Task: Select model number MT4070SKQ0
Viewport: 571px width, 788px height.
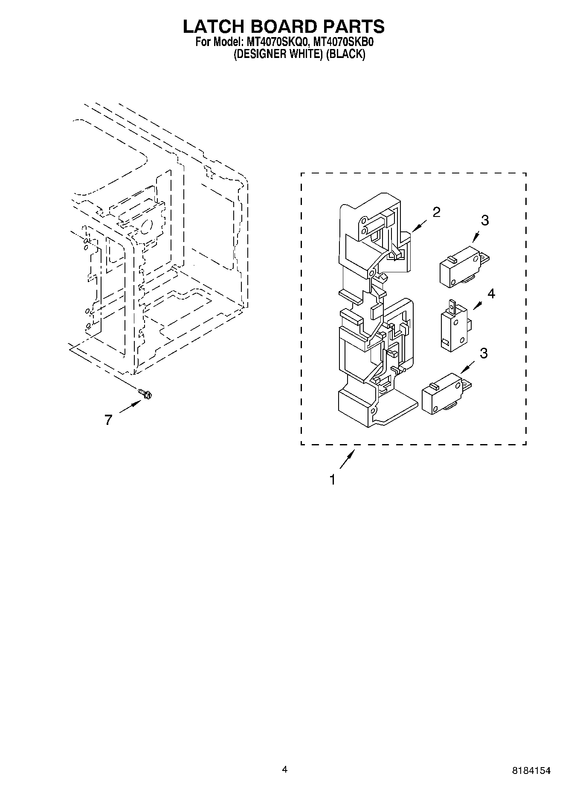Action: pos(276,42)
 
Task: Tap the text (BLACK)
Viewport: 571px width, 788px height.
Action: pos(346,54)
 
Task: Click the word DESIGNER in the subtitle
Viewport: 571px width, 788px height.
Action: pos(257,54)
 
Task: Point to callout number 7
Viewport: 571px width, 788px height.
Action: pos(108,420)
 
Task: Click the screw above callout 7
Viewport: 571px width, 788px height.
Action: pos(145,394)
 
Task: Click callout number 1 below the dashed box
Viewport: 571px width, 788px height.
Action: pos(332,480)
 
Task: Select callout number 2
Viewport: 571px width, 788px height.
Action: pos(436,212)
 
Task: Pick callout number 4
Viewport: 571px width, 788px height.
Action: pos(491,294)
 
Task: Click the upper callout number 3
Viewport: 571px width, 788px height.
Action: pos(485,220)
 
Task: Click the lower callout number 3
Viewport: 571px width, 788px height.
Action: pos(484,353)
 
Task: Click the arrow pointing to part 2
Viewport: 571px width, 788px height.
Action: pos(420,227)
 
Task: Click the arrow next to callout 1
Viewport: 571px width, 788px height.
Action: pos(347,460)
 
